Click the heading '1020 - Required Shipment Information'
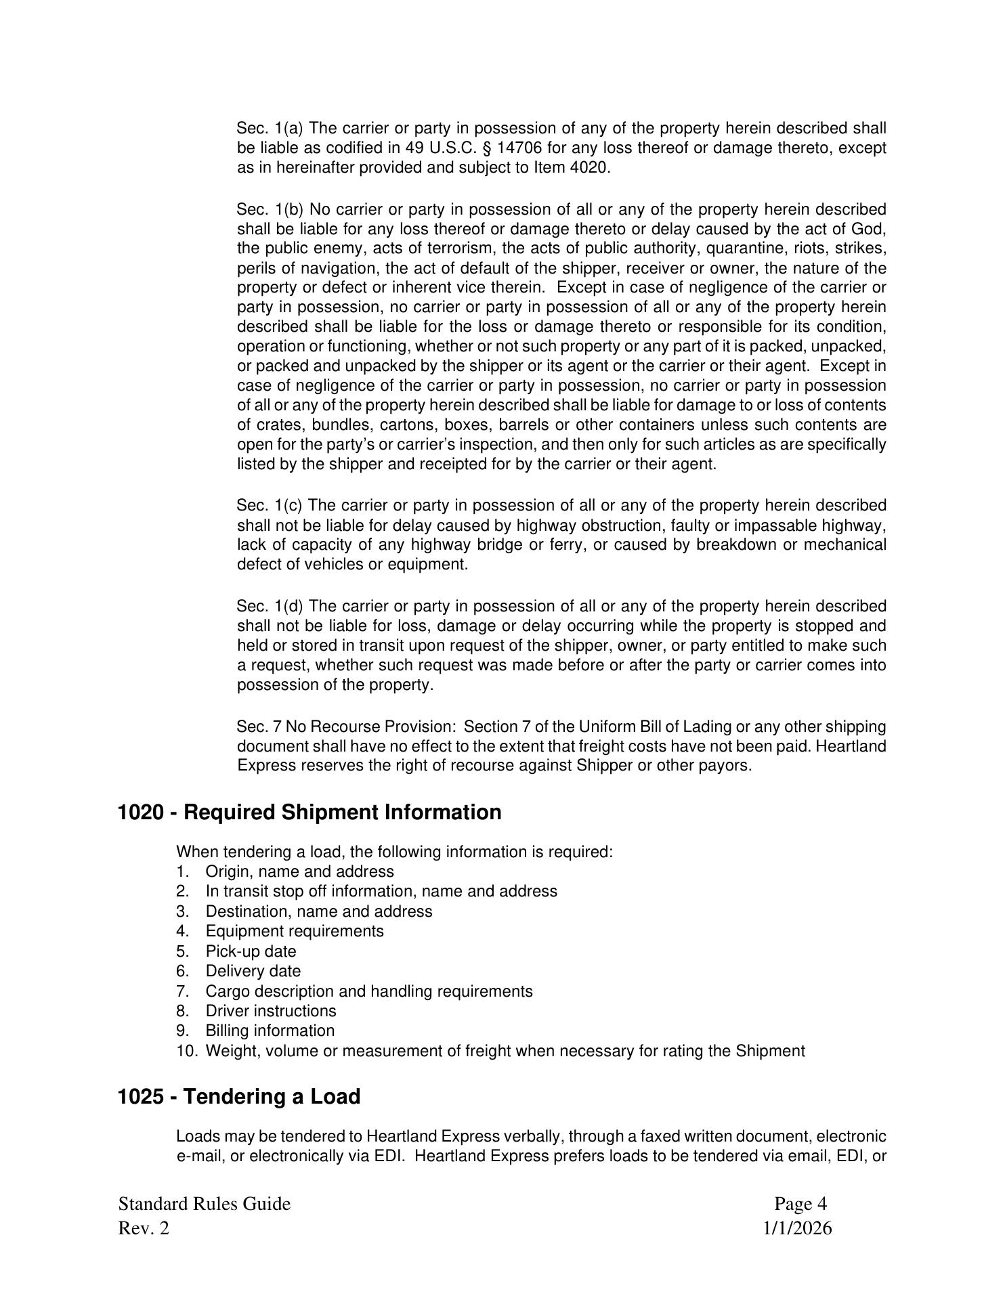click(309, 812)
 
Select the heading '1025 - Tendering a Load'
click(239, 1096)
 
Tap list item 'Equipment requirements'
click(295, 931)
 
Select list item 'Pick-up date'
click(251, 951)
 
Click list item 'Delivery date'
click(253, 971)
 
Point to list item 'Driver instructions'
click(271, 1011)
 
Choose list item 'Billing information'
click(270, 1031)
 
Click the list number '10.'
click(188, 1051)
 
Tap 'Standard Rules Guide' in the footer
click(205, 1204)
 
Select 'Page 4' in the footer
click(800, 1204)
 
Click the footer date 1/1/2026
click(798, 1228)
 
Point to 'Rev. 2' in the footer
click(144, 1228)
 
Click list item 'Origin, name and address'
click(299, 871)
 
